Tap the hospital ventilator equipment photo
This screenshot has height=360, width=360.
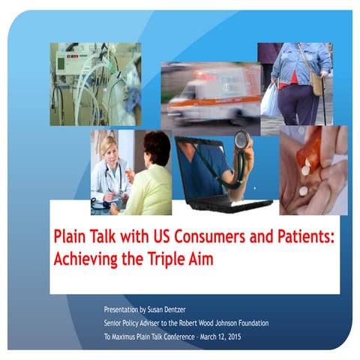coord(94,83)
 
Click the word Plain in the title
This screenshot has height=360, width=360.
coord(73,237)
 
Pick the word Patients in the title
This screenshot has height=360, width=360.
coord(303,237)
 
